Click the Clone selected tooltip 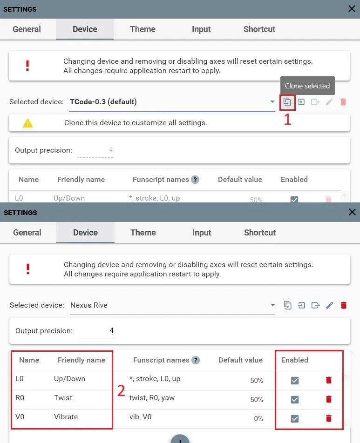(307, 86)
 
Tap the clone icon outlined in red (287, 102)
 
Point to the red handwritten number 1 (287, 119)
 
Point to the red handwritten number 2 (121, 391)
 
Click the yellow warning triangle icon (28, 123)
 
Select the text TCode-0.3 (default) (103, 102)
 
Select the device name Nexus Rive (89, 305)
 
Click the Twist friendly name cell (63, 398)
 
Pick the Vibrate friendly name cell (66, 417)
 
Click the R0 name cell (20, 398)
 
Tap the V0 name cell (20, 417)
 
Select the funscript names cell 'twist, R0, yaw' (152, 398)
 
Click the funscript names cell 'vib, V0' (140, 417)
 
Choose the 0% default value (258, 418)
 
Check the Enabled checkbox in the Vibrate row (295, 418)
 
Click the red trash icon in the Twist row (329, 399)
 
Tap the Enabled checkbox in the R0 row (295, 399)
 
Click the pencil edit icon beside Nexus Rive (329, 305)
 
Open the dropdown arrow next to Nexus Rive (272, 305)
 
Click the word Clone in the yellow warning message (73, 123)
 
